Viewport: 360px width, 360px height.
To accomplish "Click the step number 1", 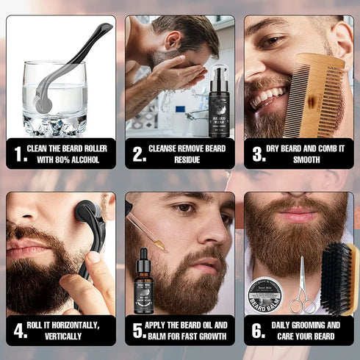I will click(21, 154).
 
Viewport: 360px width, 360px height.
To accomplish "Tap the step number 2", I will click(139, 154).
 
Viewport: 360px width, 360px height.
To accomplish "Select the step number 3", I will click(258, 154).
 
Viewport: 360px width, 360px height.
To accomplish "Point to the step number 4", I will click(21, 331).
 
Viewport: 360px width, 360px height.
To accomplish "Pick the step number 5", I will click(139, 331).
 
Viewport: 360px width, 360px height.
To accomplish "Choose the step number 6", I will click(258, 331).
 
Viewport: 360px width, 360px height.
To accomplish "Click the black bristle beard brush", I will click(339, 279).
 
